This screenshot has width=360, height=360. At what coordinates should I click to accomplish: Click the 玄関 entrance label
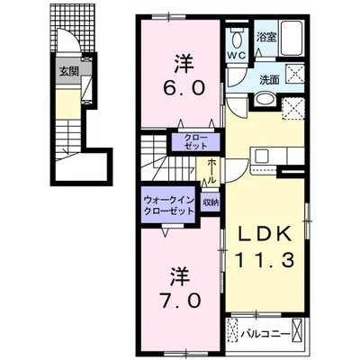(x=67, y=70)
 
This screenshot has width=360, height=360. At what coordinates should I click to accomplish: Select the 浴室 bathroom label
(x=265, y=38)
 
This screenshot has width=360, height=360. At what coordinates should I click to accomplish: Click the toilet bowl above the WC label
(x=238, y=38)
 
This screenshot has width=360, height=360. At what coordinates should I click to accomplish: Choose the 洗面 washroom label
(x=270, y=80)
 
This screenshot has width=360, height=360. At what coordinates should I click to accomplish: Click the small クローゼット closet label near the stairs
(x=194, y=140)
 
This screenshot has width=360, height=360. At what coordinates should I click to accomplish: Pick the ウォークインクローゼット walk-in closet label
(x=168, y=205)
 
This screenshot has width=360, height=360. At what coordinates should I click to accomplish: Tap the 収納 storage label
(x=210, y=203)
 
